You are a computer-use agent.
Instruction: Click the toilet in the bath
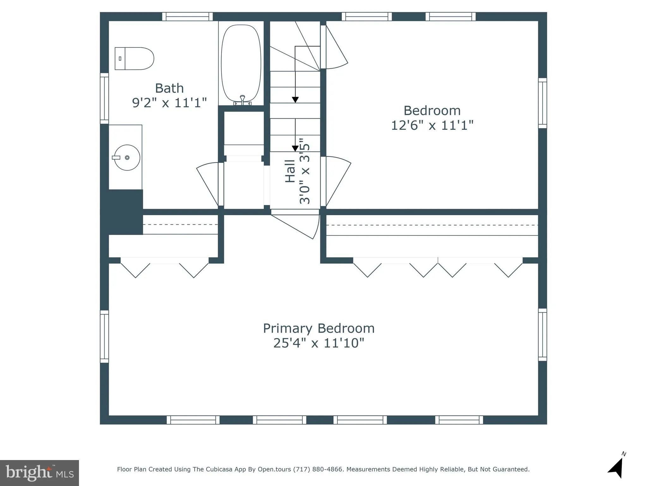pyautogui.click(x=134, y=59)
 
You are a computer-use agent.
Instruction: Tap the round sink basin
pyautogui.click(x=127, y=158)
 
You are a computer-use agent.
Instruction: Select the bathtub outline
pyautogui.click(x=241, y=63)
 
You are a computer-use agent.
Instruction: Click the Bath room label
pyautogui.click(x=169, y=88)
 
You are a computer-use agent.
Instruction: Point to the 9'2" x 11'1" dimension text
pyautogui.click(x=169, y=103)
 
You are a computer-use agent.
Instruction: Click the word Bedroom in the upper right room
pyautogui.click(x=432, y=111)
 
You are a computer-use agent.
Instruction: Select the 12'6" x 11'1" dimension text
pyautogui.click(x=432, y=126)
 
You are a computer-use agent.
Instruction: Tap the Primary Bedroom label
pyautogui.click(x=319, y=328)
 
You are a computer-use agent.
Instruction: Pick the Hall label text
pyautogui.click(x=290, y=171)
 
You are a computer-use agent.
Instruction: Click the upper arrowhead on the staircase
pyautogui.click(x=295, y=100)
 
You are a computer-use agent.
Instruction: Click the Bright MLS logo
pyautogui.click(x=39, y=473)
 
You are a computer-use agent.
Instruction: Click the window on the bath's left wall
pyautogui.click(x=104, y=98)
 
